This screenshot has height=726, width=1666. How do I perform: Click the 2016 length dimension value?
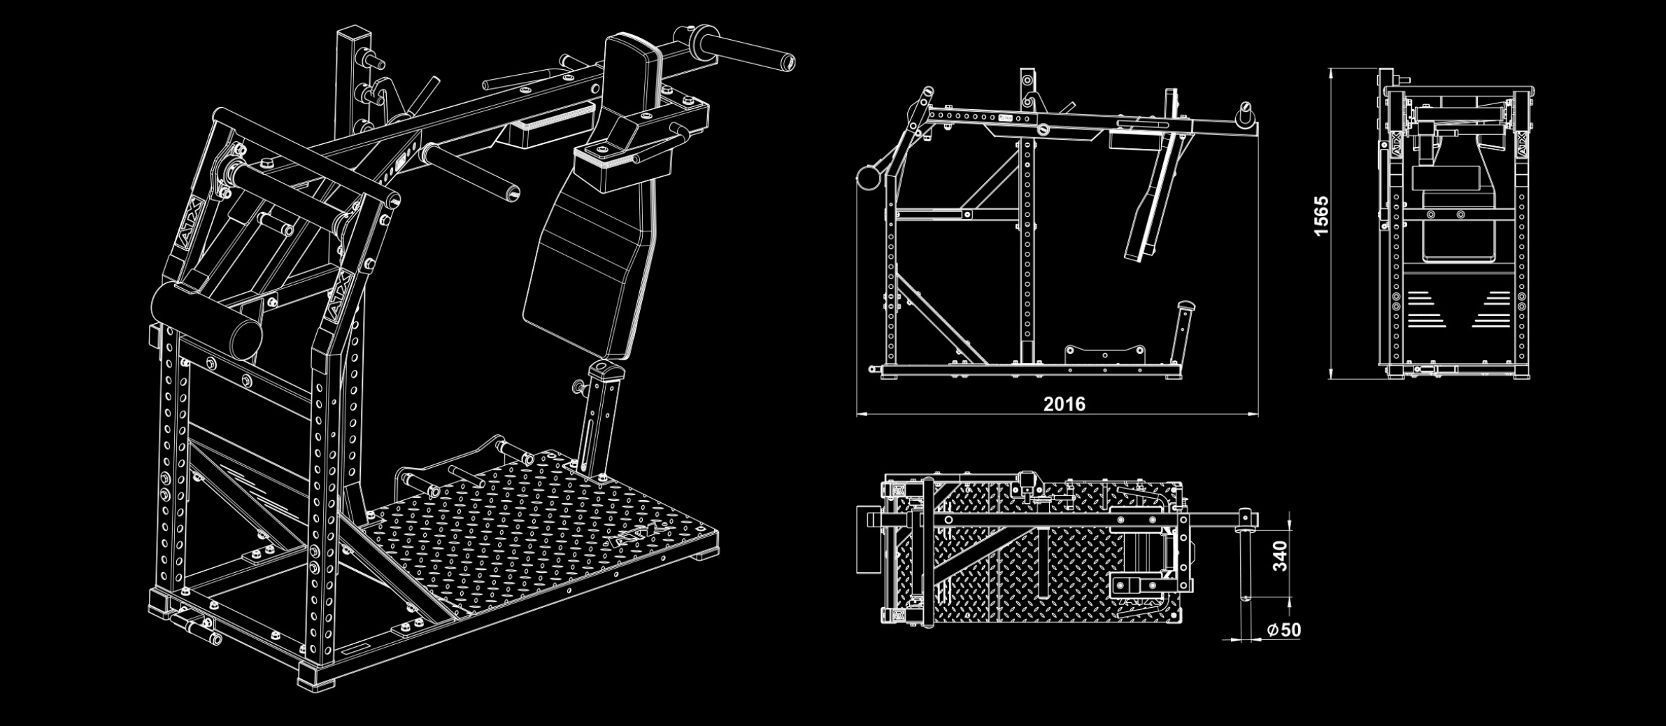(x=1064, y=404)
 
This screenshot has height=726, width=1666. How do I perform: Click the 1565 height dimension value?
(x=1320, y=216)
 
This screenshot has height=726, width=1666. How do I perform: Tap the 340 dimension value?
(x=1280, y=556)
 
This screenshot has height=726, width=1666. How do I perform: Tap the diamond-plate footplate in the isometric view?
(x=539, y=532)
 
